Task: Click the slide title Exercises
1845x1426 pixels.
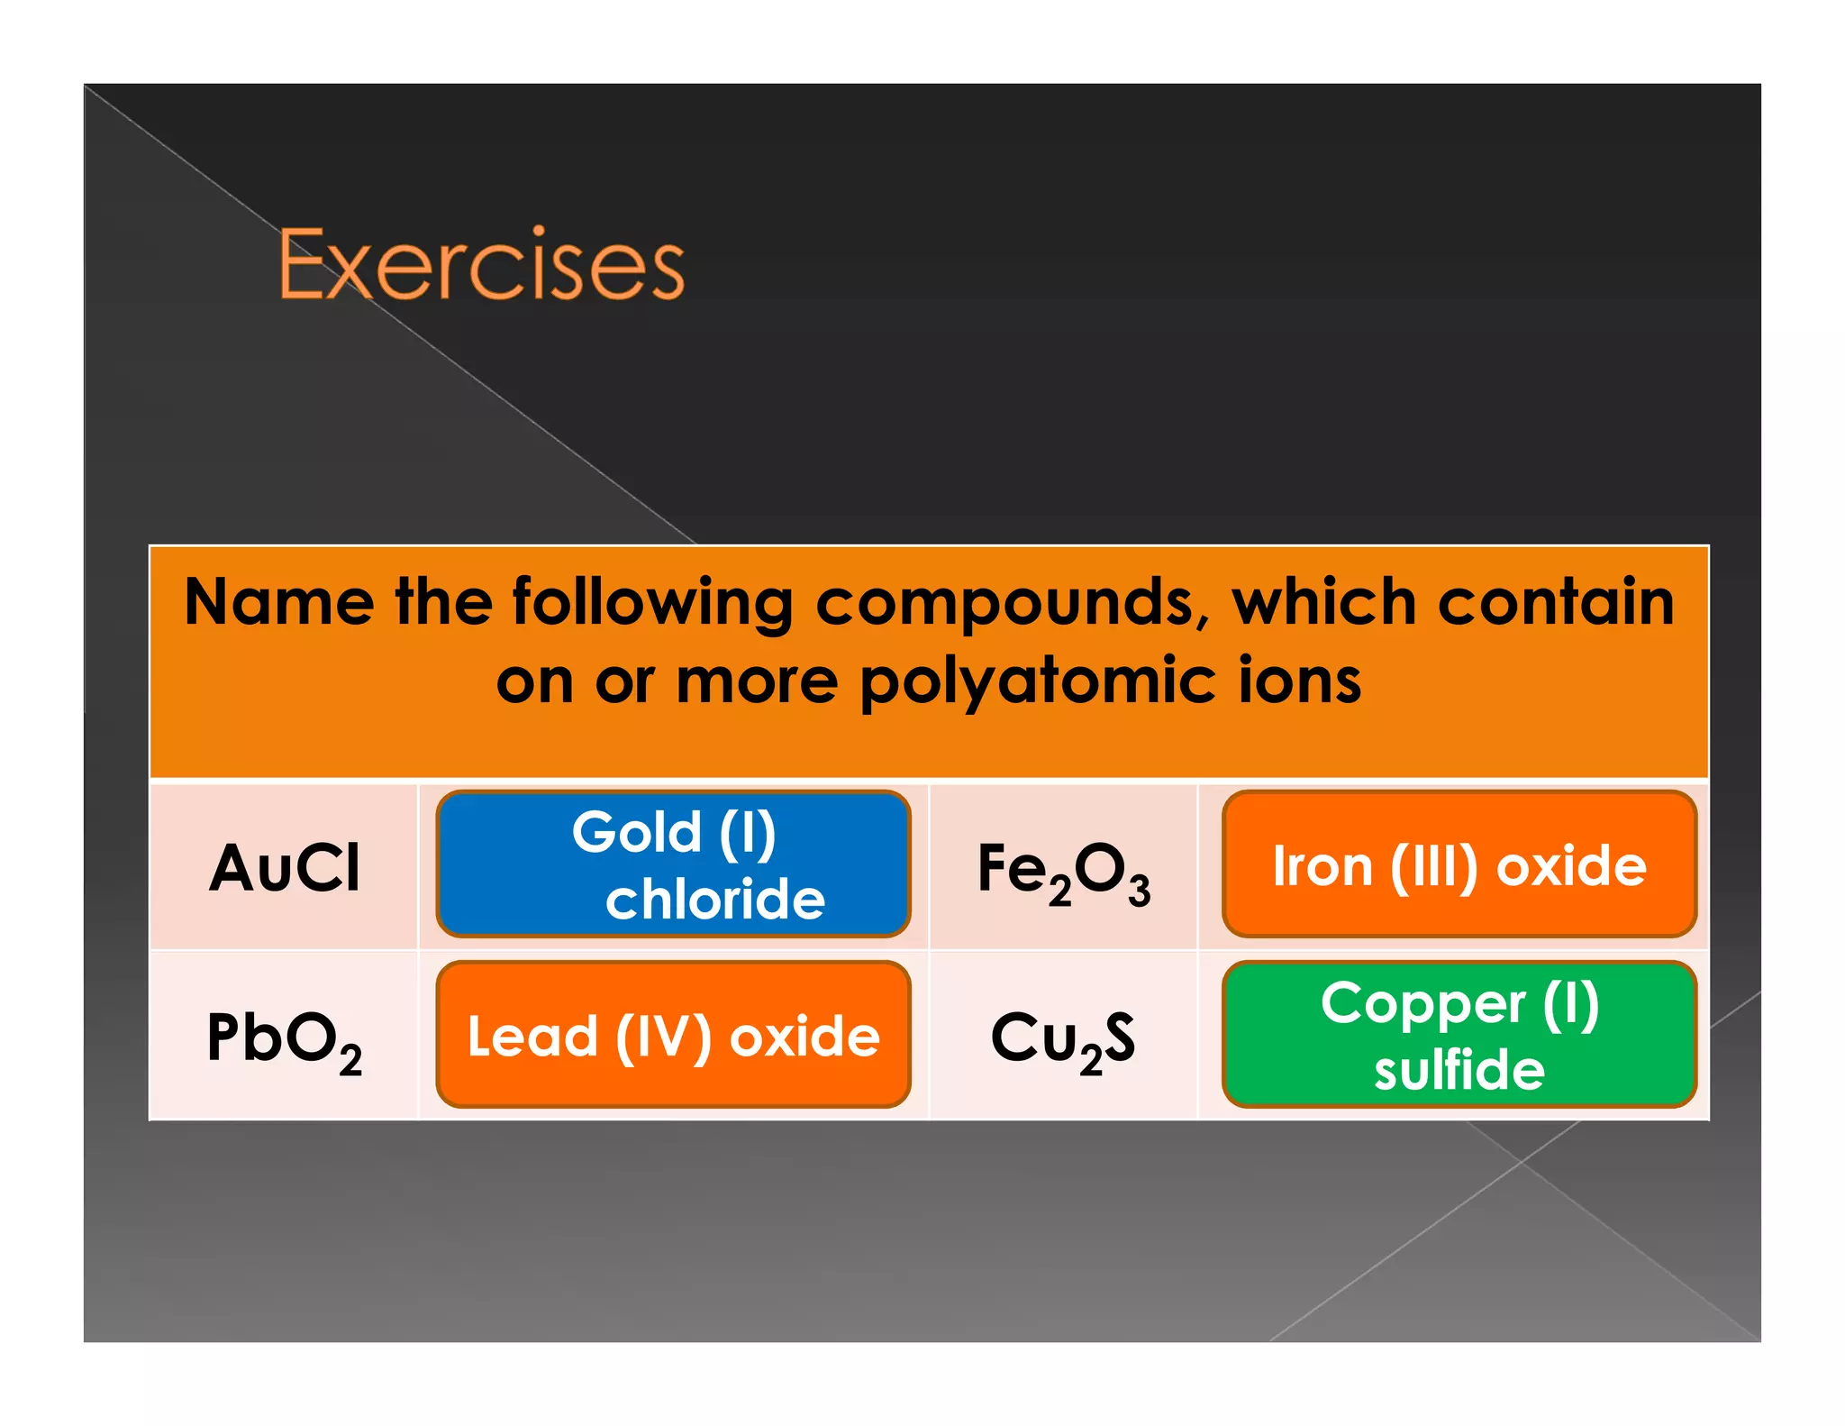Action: pyautogui.click(x=482, y=264)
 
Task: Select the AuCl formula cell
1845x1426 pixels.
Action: pyautogui.click(x=285, y=868)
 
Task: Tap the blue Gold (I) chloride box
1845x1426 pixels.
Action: pyautogui.click(x=673, y=864)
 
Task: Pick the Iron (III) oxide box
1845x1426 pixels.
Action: pyautogui.click(x=1459, y=864)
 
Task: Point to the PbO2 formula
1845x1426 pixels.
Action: pyautogui.click(x=285, y=1039)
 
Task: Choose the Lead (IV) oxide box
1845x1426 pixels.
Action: pyautogui.click(x=673, y=1035)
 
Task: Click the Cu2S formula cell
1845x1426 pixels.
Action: pyautogui.click(x=1063, y=1039)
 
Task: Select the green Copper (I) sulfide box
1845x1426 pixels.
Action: pyautogui.click(x=1459, y=1035)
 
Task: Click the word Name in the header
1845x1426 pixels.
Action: pyautogui.click(x=279, y=602)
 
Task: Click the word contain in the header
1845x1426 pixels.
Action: pyautogui.click(x=1556, y=602)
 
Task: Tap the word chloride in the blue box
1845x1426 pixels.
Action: pyautogui.click(x=715, y=899)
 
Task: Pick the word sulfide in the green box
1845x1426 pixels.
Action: pyautogui.click(x=1459, y=1070)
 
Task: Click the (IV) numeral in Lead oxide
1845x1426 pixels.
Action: pyautogui.click(x=663, y=1037)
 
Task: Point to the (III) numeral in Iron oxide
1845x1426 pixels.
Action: pyautogui.click(x=1434, y=867)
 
